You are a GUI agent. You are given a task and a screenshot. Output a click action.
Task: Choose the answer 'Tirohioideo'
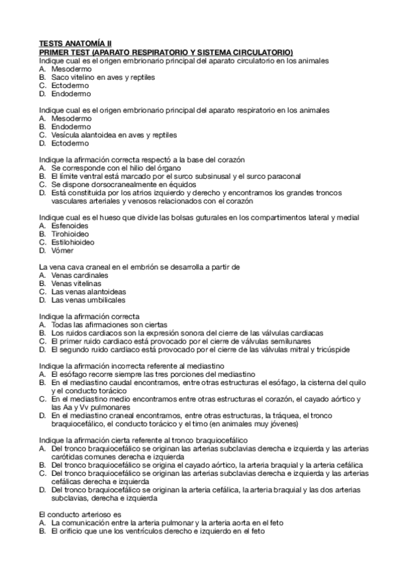72,234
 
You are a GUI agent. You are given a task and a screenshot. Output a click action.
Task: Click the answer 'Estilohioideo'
73,242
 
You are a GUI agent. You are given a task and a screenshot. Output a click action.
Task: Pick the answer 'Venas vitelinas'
76,283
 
